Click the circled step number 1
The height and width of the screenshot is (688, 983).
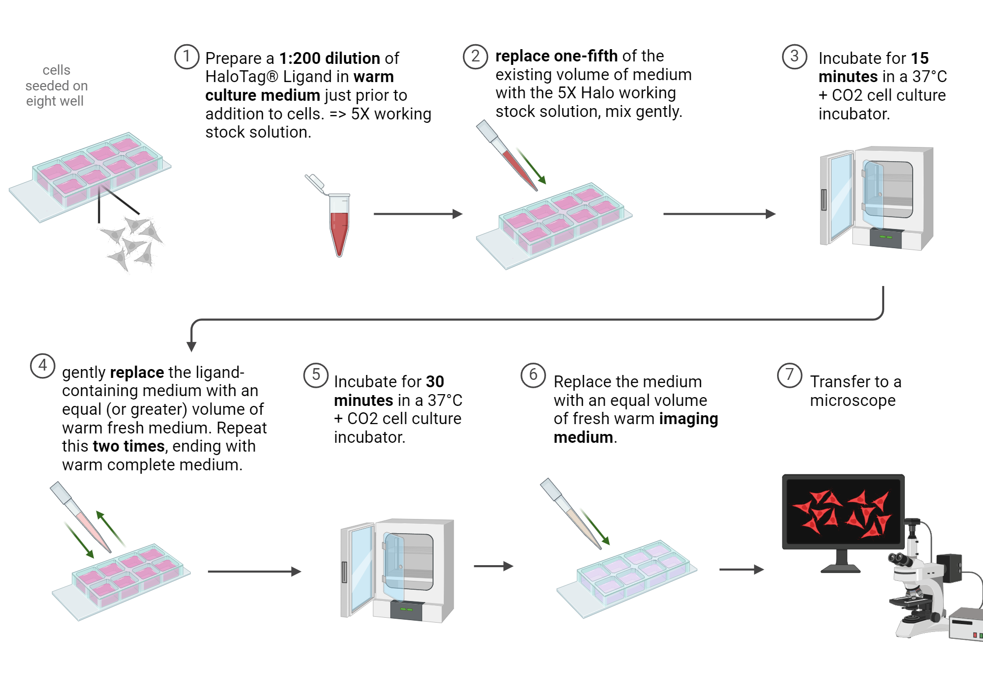click(187, 57)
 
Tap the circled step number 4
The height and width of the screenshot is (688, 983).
click(43, 366)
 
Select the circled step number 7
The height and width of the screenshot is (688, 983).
click(789, 375)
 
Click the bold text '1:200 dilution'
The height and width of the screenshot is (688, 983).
click(329, 58)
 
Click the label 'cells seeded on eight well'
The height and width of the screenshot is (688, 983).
click(56, 86)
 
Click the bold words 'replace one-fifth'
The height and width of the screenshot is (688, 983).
click(556, 56)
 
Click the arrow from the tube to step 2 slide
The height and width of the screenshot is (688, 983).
click(418, 214)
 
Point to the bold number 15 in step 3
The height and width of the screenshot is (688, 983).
click(920, 58)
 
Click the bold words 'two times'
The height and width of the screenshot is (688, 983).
click(128, 446)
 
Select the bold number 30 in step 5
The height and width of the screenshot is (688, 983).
click(434, 382)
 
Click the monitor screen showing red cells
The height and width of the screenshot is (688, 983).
click(842, 511)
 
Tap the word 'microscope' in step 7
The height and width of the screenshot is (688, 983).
click(852, 401)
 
